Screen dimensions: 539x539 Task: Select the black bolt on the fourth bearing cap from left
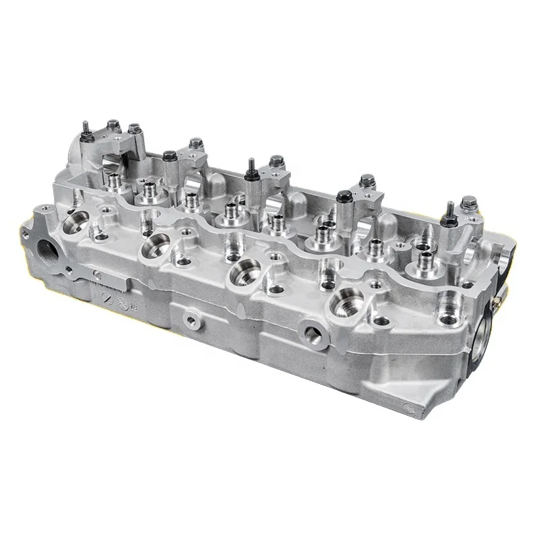(x=344, y=196)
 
